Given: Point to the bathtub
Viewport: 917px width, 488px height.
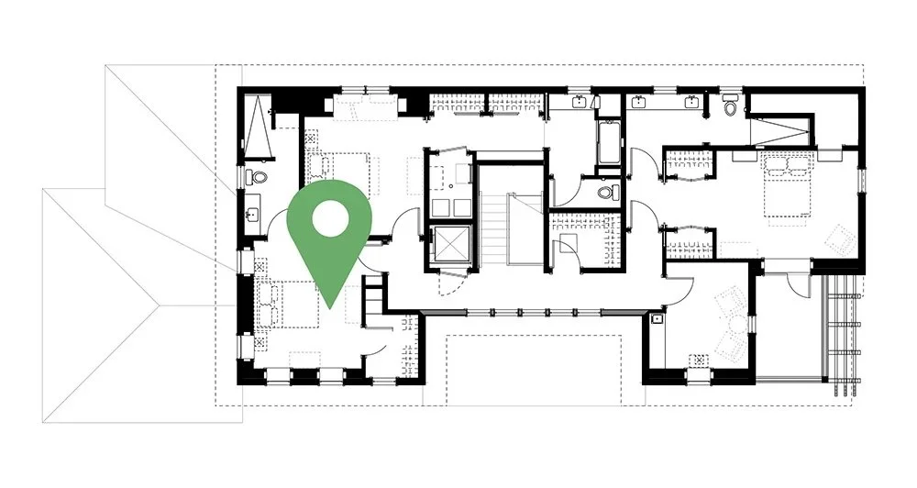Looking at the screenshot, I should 609,141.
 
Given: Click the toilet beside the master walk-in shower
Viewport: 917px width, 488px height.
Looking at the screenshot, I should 730,106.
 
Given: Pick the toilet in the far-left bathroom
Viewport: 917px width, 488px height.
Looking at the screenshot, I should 259,177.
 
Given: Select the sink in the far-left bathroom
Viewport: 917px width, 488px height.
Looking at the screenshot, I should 251,216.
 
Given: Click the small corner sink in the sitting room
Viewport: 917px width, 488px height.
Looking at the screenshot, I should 657,321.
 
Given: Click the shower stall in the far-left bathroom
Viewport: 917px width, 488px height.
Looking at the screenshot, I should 257,128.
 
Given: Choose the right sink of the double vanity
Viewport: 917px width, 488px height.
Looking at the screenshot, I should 690,102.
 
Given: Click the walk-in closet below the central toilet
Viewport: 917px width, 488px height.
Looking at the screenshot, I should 580,237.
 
